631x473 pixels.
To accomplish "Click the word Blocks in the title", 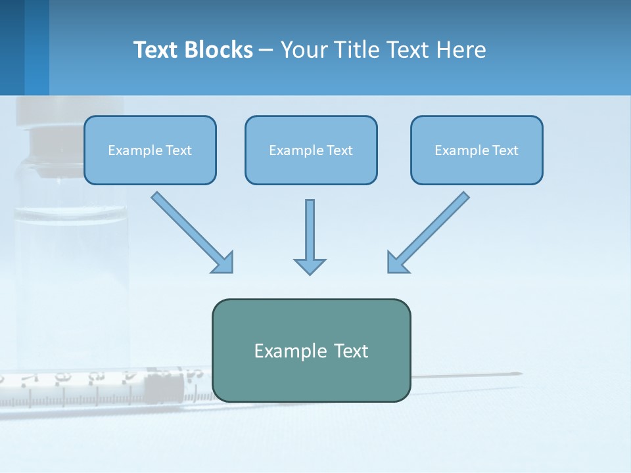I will pos(220,50).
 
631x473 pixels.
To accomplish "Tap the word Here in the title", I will pos(462,50).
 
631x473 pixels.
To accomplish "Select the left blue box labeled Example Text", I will pos(150,150).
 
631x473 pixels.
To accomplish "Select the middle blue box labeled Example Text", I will pos(311,150).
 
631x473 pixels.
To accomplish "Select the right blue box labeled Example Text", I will pos(477,150).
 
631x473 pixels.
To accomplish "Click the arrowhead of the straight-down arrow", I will pos(310,265).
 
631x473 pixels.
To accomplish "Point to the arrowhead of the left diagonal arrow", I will pos(223,262).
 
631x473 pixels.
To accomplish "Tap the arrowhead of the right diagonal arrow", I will pos(397,262).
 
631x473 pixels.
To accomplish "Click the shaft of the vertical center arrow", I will pos(310,227).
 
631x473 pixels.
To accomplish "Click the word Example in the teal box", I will pos(289,351).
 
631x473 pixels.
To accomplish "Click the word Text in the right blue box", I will pos(504,150).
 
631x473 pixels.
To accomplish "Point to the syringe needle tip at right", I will pos(519,374).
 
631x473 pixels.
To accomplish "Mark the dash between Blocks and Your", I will pos(266,51).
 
